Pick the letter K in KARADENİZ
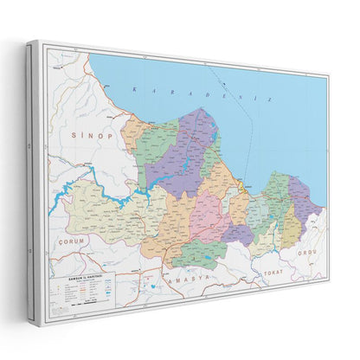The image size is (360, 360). click(132, 88)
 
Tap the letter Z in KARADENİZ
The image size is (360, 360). click(272, 100)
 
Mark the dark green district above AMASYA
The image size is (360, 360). click(198, 252)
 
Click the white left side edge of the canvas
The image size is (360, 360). click(33, 173)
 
